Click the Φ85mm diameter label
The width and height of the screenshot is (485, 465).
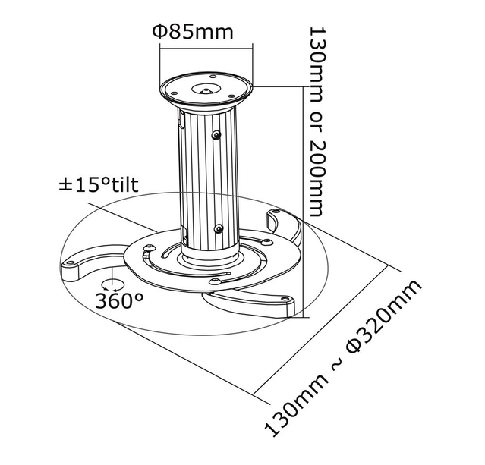191,32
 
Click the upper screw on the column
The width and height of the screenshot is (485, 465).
217,136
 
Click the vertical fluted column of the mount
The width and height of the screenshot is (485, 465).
203,174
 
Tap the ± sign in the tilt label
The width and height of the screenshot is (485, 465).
68,185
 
